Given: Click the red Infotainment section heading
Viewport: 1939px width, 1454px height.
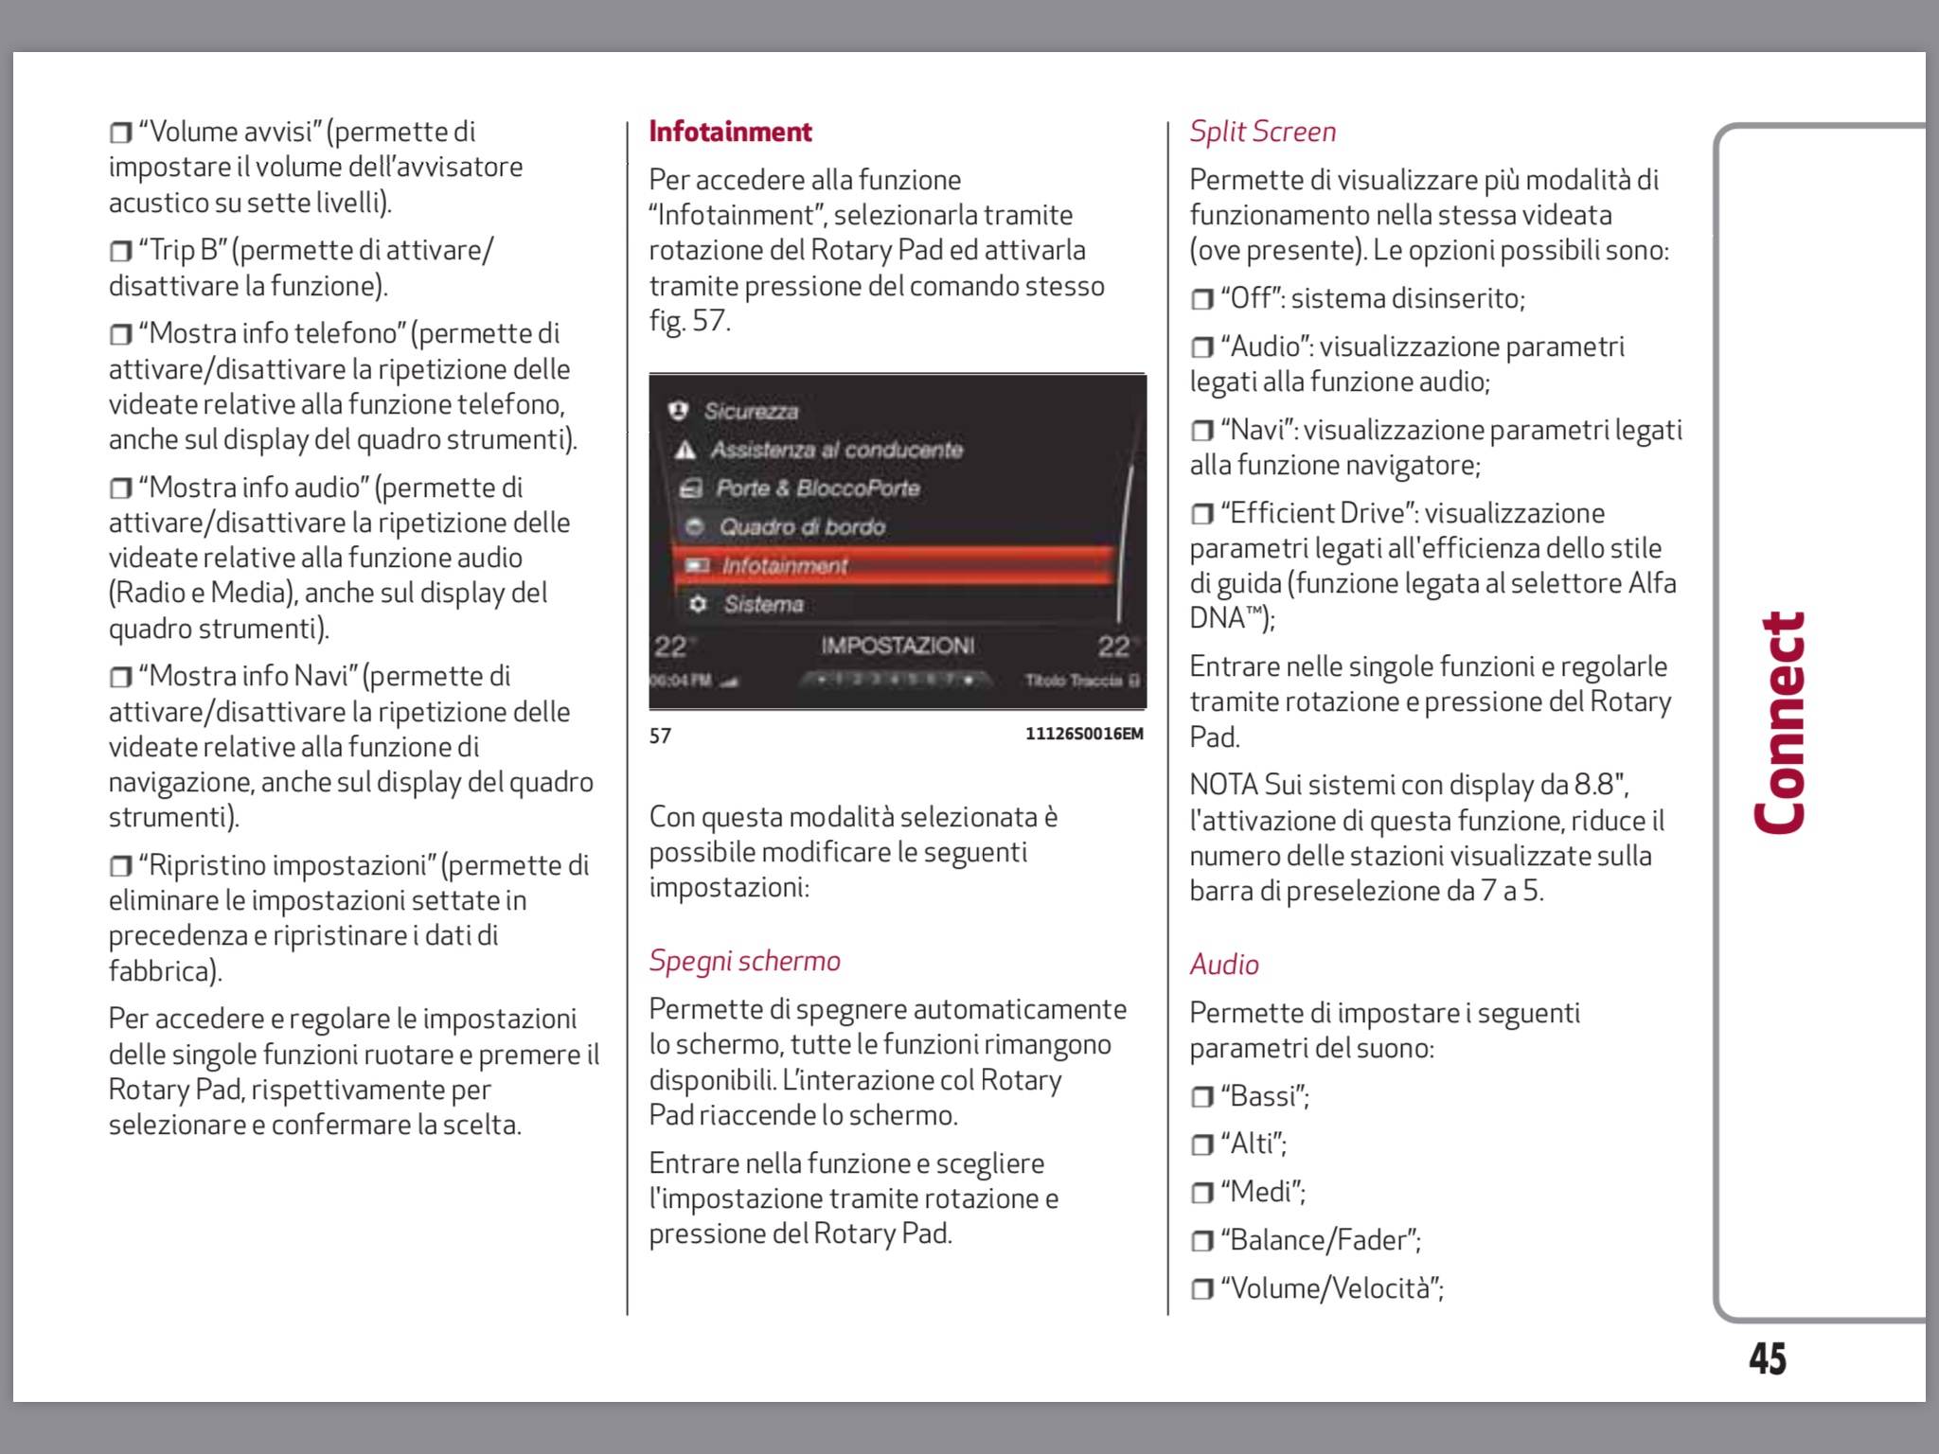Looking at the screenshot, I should tap(730, 132).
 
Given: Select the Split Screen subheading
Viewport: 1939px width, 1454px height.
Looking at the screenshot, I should tap(1262, 132).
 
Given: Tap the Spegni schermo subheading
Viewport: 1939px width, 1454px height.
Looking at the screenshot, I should tap(744, 961).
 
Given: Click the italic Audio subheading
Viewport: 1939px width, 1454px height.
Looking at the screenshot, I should tap(1224, 965).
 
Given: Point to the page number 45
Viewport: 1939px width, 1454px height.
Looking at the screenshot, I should tap(1767, 1358).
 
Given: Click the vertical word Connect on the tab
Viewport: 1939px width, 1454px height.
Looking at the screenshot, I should tap(1780, 723).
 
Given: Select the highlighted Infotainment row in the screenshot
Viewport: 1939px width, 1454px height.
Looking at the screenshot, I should tap(894, 565).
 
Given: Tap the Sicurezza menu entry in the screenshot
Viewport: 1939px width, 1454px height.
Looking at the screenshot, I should tap(751, 411).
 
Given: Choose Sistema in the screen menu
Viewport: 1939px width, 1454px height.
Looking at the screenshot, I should tap(763, 604).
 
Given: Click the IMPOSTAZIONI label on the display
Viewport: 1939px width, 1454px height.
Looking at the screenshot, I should tap(898, 646).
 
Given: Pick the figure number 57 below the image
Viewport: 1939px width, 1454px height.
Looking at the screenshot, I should tap(660, 736).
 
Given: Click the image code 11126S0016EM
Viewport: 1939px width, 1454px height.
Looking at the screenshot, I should tap(1084, 735).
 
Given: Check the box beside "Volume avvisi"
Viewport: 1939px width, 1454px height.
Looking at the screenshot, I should tap(120, 133).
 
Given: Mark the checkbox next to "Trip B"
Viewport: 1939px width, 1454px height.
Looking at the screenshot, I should tap(120, 252).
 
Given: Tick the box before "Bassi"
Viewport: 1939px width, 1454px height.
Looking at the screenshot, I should tap(1201, 1097).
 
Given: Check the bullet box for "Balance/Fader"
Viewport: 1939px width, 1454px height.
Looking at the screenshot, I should tap(1201, 1241).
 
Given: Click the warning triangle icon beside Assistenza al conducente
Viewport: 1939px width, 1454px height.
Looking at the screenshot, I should tap(685, 450).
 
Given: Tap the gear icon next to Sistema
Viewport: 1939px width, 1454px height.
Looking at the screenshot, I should tap(699, 604).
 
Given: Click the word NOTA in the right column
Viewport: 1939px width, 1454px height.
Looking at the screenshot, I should tap(1223, 785).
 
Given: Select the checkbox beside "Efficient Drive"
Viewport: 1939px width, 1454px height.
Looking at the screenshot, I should tap(1201, 514).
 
